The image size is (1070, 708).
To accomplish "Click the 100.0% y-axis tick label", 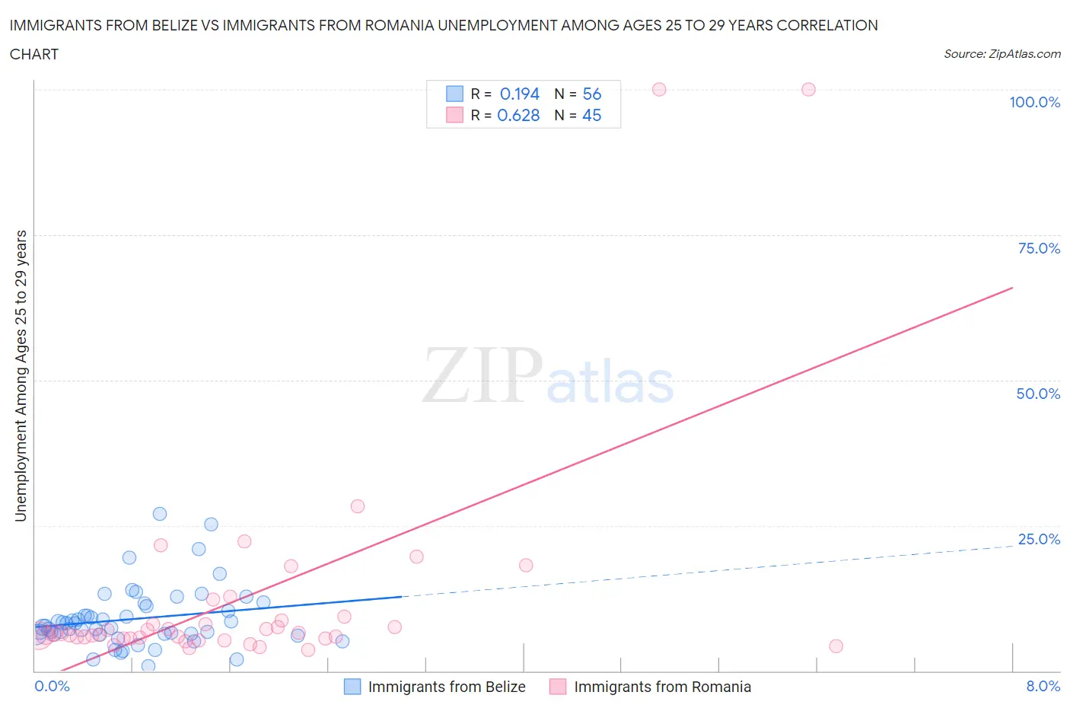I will (x=1034, y=102).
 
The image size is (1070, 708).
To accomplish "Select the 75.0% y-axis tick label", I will (x=1039, y=248).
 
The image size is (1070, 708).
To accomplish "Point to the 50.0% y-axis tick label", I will (x=1038, y=394).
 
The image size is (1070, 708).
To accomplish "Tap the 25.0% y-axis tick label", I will (x=1039, y=539).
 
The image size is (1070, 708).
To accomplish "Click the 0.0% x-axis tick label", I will (x=52, y=686).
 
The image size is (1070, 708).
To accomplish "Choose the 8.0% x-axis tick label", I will (x=1043, y=686).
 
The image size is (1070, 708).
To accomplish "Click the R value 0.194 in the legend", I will (x=519, y=94).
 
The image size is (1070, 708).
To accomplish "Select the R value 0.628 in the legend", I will (x=518, y=115).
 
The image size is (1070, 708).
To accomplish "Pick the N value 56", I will (x=591, y=94).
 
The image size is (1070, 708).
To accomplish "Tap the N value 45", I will (x=591, y=115).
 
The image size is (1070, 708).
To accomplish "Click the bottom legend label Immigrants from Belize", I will (x=447, y=687).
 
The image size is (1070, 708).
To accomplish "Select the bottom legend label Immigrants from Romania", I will (x=662, y=687).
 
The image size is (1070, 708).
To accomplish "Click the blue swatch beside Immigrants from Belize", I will (x=352, y=687).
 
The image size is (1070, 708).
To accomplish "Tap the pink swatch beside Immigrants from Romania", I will (x=558, y=687).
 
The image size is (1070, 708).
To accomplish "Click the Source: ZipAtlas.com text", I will (x=1002, y=53).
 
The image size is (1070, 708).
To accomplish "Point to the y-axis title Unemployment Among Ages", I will (x=21, y=376).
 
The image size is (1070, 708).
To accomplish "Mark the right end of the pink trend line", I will (x=1012, y=288).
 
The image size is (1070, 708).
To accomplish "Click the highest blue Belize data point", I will (x=160, y=514).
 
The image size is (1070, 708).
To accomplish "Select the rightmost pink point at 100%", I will (x=808, y=89).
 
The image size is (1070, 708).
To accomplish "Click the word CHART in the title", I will (x=33, y=54).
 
